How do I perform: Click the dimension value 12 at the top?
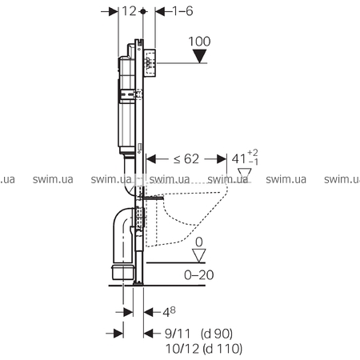[130, 11]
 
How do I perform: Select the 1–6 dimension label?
[182, 11]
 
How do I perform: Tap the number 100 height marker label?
[199, 42]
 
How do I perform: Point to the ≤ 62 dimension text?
[186, 159]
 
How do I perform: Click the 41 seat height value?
[238, 159]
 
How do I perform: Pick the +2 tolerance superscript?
[253, 153]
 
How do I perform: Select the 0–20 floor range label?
[199, 274]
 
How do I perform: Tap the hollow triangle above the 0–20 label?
[199, 255]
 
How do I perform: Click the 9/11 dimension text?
[178, 334]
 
